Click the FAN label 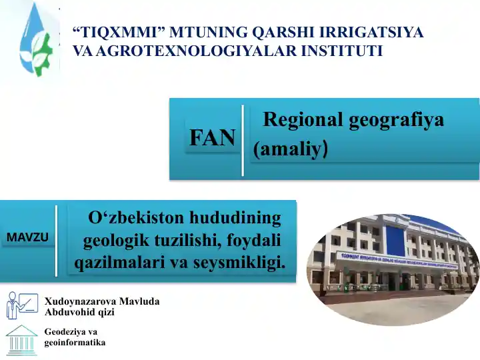213,137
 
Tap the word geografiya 396,120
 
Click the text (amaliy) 291,149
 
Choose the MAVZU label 27,237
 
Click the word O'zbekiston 136,218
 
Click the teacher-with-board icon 23,305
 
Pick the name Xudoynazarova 80,301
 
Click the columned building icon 22,340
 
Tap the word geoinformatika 75,342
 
